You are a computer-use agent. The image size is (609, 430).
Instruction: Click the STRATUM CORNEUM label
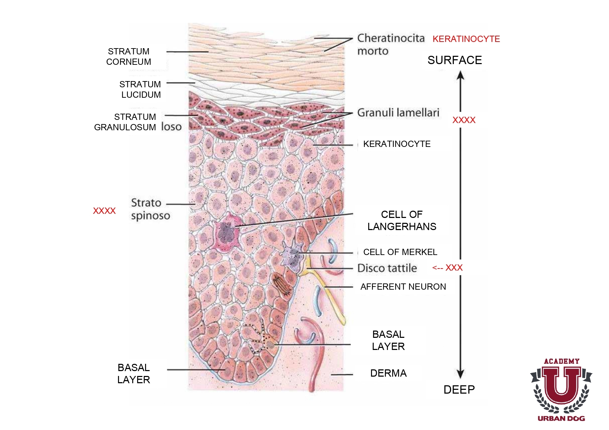point(128,56)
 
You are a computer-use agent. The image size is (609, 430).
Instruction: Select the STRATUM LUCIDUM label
point(140,89)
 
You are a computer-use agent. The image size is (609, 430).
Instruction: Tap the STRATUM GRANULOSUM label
point(125,122)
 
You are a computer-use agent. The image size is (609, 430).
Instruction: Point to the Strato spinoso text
point(150,209)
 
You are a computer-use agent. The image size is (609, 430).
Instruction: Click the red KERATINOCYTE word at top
point(466,39)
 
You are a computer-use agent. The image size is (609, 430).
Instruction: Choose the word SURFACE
point(455,60)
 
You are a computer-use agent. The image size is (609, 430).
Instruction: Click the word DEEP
point(459,389)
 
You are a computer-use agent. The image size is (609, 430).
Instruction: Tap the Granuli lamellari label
point(398,113)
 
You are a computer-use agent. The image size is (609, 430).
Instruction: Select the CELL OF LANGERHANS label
point(402,220)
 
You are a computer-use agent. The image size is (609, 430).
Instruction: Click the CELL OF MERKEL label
point(400,252)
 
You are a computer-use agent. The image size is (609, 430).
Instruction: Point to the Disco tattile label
point(387,268)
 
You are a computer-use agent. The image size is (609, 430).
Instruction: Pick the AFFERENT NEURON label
point(403,287)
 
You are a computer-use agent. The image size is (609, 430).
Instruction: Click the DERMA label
point(388,373)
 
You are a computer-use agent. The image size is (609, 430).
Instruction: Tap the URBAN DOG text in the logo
point(561,418)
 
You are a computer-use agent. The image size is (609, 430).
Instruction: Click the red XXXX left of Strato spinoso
point(104,211)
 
